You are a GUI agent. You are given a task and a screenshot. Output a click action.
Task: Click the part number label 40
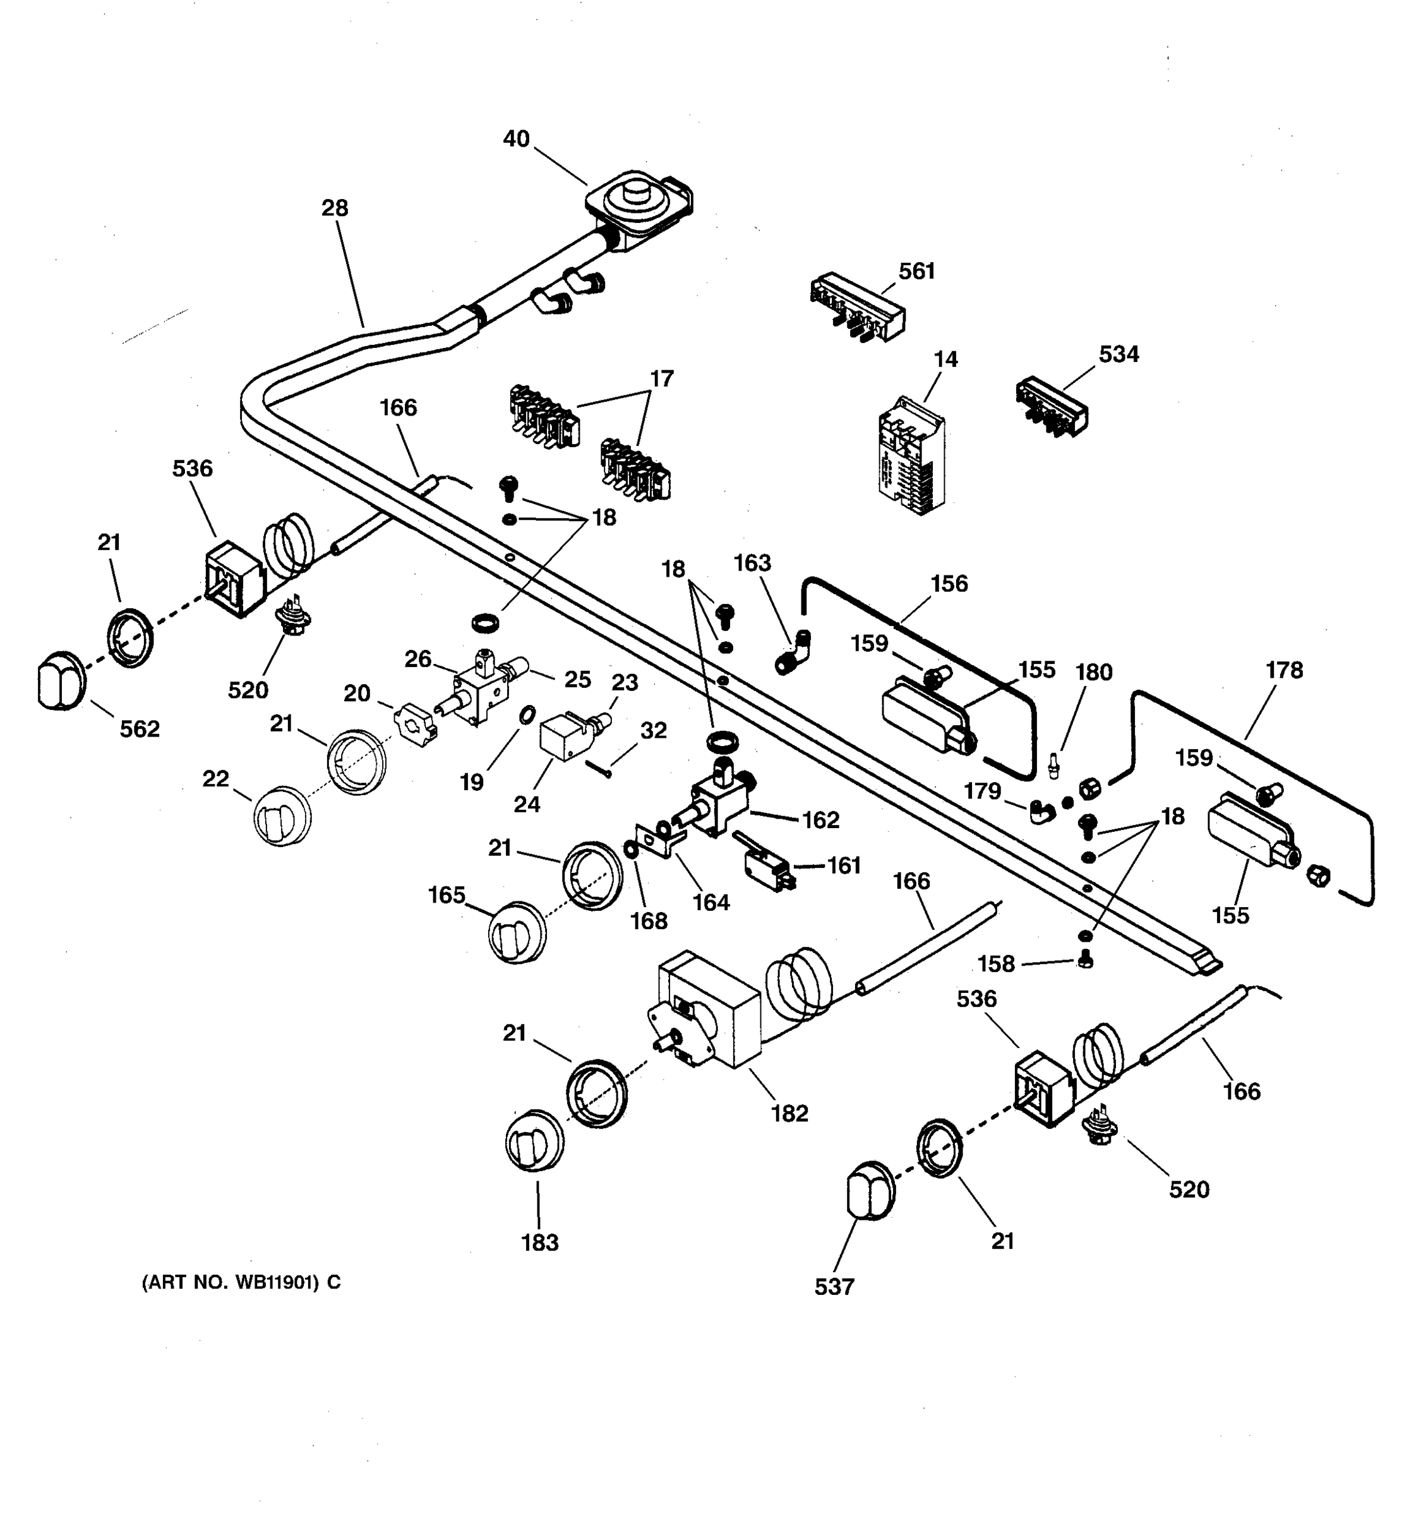tap(516, 139)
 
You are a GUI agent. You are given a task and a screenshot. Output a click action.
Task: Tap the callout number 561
tap(916, 272)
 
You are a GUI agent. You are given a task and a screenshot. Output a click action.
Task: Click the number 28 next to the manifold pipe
tap(335, 208)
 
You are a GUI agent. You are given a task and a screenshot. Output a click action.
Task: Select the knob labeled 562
tap(59, 680)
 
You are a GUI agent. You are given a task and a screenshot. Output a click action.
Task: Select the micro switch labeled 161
tap(766, 867)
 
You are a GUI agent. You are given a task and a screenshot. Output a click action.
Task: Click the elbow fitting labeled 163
tap(793, 652)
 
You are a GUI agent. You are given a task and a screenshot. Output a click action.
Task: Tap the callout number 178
tap(1285, 670)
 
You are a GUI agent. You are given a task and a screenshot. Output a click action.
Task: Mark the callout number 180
tap(1094, 672)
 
